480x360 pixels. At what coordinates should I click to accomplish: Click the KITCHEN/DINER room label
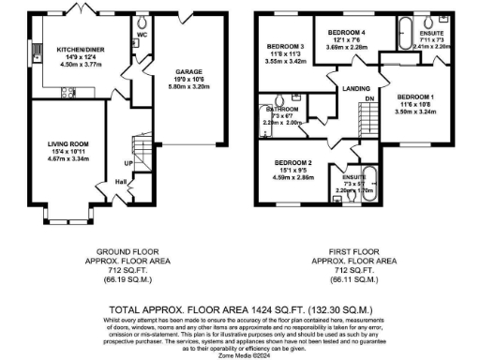79,50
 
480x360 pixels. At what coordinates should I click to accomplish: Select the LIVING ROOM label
68,145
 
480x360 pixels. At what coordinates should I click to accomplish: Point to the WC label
143,37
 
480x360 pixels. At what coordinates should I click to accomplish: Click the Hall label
121,182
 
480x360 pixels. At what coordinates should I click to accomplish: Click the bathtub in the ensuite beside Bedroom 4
410,26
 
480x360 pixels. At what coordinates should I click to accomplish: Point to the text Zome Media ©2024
239,353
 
